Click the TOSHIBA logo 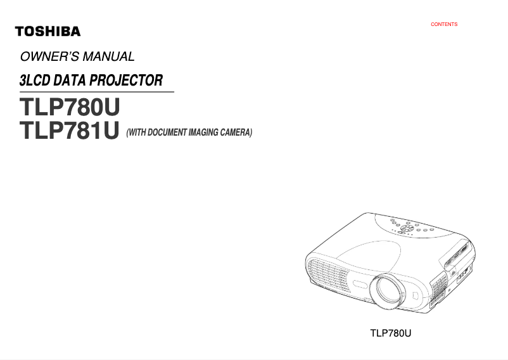coord(48,31)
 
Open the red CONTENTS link coord(444,25)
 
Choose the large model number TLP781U coord(70,131)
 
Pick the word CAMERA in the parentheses coord(237,132)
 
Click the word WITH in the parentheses coord(136,132)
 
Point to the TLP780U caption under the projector coord(391,333)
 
